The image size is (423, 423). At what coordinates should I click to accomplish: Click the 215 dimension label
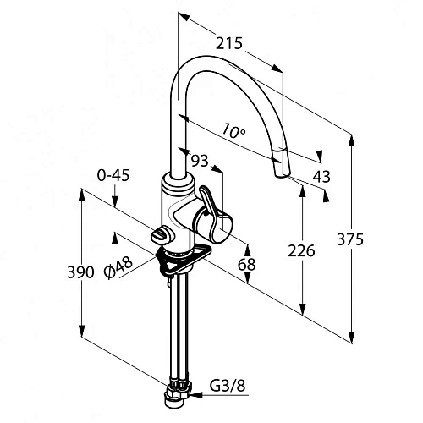click(x=229, y=43)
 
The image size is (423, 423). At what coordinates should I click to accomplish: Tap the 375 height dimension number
click(x=350, y=240)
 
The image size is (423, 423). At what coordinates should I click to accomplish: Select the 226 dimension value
click(x=301, y=251)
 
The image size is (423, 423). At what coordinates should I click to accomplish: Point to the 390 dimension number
click(x=80, y=272)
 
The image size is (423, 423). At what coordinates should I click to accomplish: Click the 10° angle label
click(x=233, y=130)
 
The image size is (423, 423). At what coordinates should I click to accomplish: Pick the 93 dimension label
click(x=200, y=161)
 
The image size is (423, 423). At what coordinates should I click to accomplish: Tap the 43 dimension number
click(x=321, y=177)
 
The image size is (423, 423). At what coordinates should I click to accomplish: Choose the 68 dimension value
click(x=246, y=264)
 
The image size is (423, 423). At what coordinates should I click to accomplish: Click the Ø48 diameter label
click(x=118, y=267)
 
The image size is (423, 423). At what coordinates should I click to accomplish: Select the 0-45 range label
click(x=113, y=175)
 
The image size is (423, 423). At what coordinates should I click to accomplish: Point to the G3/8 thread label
click(x=228, y=385)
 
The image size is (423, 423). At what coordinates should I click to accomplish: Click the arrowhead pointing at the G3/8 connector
click(x=197, y=395)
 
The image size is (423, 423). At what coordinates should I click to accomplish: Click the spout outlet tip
click(x=282, y=176)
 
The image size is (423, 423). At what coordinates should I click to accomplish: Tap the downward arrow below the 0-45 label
click(x=114, y=195)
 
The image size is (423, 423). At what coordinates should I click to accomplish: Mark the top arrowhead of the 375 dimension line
click(x=351, y=140)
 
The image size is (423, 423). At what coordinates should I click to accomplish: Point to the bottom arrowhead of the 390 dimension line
click(x=81, y=331)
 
